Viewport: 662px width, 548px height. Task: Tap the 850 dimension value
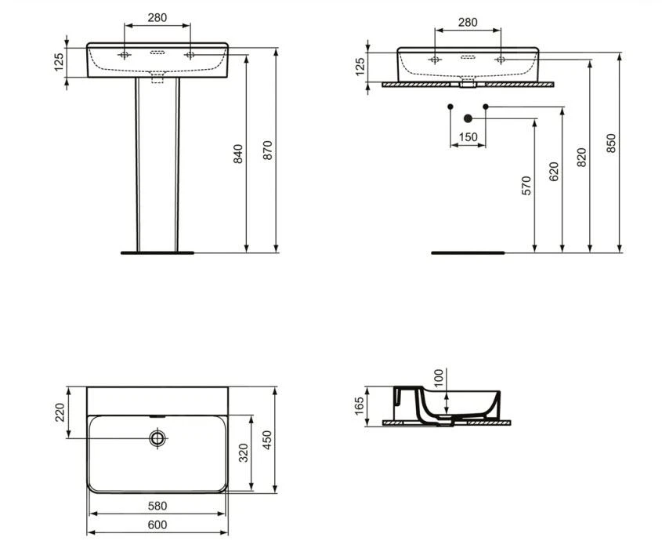coord(611,142)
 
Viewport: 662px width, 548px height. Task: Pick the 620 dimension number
coord(553,171)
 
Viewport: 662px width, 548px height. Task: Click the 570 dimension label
coord(526,185)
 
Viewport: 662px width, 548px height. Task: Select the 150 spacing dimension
coord(468,137)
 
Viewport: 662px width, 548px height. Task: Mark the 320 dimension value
coord(244,454)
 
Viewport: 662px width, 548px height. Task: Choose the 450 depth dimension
coord(267,441)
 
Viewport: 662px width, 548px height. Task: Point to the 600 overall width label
coord(157,525)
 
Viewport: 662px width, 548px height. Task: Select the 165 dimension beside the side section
coord(359,405)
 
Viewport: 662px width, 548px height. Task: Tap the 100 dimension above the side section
coord(437,378)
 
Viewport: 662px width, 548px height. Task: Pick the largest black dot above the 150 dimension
coord(468,119)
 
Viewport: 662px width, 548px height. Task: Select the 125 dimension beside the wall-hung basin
coord(360,66)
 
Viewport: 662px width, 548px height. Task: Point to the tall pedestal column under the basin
coord(156,165)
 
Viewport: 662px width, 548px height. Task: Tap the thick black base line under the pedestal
coord(156,253)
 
